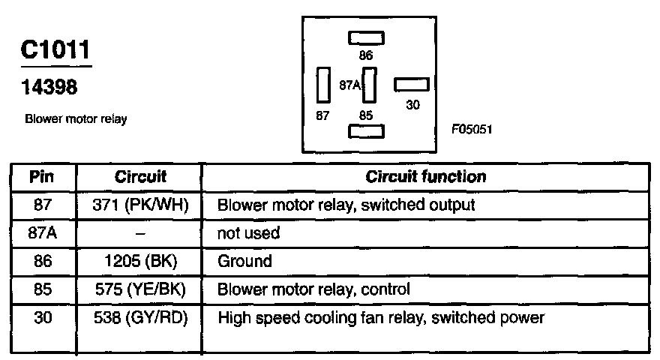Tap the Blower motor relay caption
(76, 119)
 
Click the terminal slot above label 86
(366, 38)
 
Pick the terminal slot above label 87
(324, 85)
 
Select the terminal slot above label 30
(412, 85)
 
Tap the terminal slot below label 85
(366, 131)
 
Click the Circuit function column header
(425, 177)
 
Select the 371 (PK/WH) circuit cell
(140, 204)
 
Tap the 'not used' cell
(248, 233)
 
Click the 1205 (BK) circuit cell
(140, 262)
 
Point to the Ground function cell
(244, 262)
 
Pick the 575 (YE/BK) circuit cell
(140, 289)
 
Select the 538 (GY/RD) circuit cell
(140, 318)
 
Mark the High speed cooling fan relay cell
(380, 318)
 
